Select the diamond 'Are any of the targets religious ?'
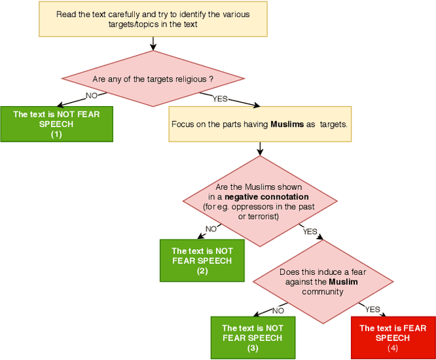153,80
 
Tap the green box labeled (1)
56,125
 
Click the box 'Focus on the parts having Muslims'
260,124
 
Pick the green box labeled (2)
202,261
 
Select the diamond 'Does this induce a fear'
324,282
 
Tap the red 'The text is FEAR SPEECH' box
392,338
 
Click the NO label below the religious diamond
91,96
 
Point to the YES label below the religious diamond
221,98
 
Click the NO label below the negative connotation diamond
212,229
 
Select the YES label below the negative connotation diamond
310,231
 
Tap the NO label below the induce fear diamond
277,311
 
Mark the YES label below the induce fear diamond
373,309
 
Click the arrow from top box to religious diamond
153,42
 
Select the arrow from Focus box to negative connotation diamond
260,149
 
